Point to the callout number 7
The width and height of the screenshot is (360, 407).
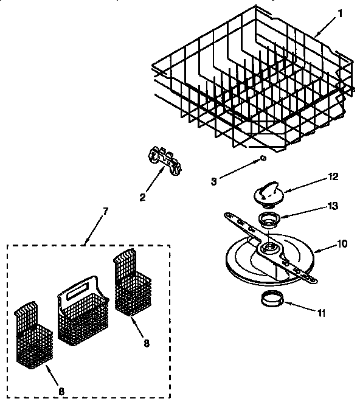[x=105, y=211]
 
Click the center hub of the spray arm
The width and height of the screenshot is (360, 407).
[x=268, y=249]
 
